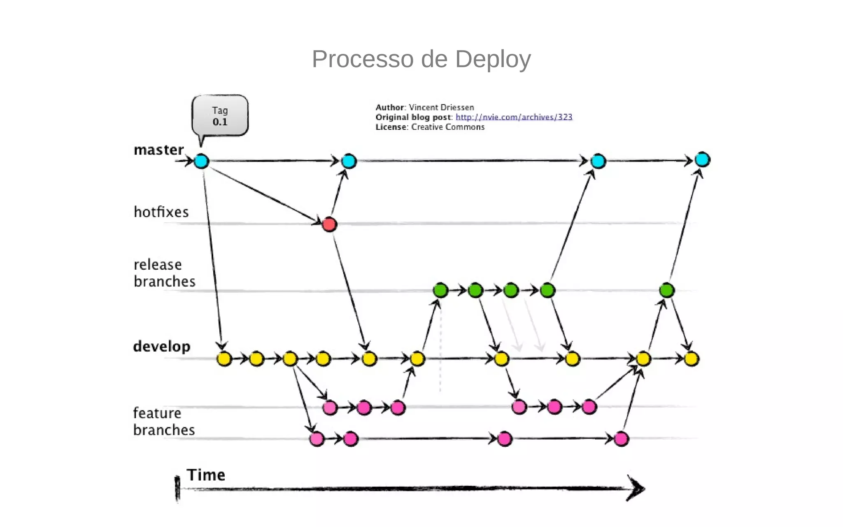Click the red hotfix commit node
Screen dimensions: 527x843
[329, 225]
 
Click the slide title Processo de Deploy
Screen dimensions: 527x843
[421, 59]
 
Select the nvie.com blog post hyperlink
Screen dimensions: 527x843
[514, 117]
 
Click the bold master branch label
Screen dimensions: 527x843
[158, 150]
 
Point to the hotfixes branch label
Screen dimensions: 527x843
[161, 212]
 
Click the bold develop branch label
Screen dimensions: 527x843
[162, 346]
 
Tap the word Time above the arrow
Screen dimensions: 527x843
[206, 475]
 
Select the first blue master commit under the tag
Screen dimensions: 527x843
[201, 161]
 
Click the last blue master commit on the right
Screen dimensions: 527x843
[702, 160]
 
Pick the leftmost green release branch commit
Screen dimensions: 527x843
[440, 290]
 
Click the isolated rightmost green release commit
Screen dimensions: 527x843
[667, 290]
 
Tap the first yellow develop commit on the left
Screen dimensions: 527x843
[224, 359]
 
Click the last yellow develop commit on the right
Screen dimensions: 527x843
[692, 359]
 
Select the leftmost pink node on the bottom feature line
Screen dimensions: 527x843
[317, 439]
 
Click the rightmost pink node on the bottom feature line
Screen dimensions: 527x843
[621, 439]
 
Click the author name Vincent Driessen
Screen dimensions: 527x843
[441, 107]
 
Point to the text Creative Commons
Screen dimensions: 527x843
[448, 127]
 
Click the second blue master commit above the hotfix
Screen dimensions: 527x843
[349, 161]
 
